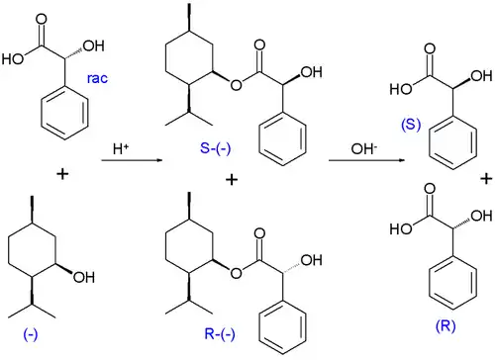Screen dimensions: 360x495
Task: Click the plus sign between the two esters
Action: coord(234,180)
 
